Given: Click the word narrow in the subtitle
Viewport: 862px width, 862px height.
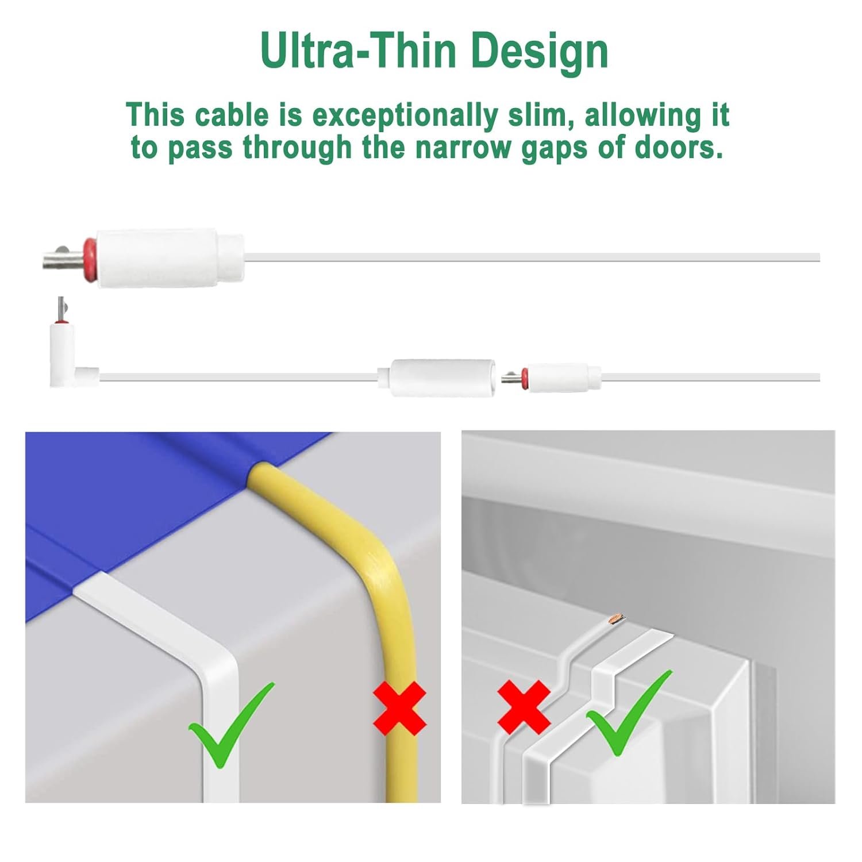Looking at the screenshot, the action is click(x=463, y=148).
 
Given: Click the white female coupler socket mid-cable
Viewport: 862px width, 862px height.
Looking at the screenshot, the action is click(x=441, y=377).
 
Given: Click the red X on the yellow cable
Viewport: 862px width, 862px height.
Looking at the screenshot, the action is click(x=400, y=708).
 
